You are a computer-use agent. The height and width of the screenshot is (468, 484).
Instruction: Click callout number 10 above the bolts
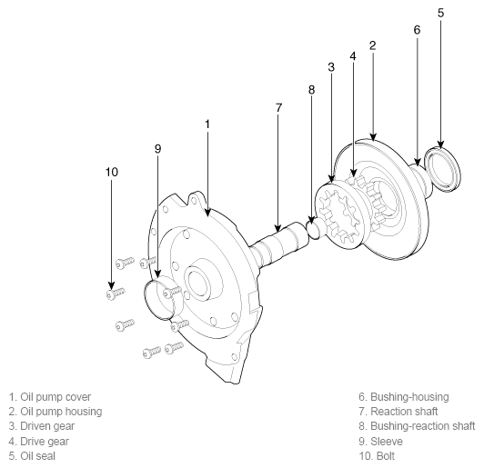[x=111, y=172]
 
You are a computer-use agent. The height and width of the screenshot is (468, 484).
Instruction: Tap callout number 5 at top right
[x=440, y=13]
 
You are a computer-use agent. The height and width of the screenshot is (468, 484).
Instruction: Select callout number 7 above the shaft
[x=278, y=107]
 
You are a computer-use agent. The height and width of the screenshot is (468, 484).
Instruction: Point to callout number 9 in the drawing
[x=157, y=149]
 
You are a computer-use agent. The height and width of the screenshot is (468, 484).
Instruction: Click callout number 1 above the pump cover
[x=207, y=124]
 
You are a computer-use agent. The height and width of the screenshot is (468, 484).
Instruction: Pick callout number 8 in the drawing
[x=311, y=90]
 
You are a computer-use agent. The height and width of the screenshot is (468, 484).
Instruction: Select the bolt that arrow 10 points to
[x=116, y=293]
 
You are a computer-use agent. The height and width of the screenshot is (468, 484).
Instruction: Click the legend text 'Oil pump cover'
[x=55, y=397]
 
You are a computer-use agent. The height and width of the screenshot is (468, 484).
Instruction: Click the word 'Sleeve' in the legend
[x=387, y=441]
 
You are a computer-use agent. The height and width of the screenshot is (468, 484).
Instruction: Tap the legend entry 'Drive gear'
[x=38, y=442]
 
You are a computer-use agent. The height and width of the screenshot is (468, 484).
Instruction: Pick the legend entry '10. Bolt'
[x=377, y=456]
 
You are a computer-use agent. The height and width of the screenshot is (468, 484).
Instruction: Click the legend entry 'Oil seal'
[x=32, y=456]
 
